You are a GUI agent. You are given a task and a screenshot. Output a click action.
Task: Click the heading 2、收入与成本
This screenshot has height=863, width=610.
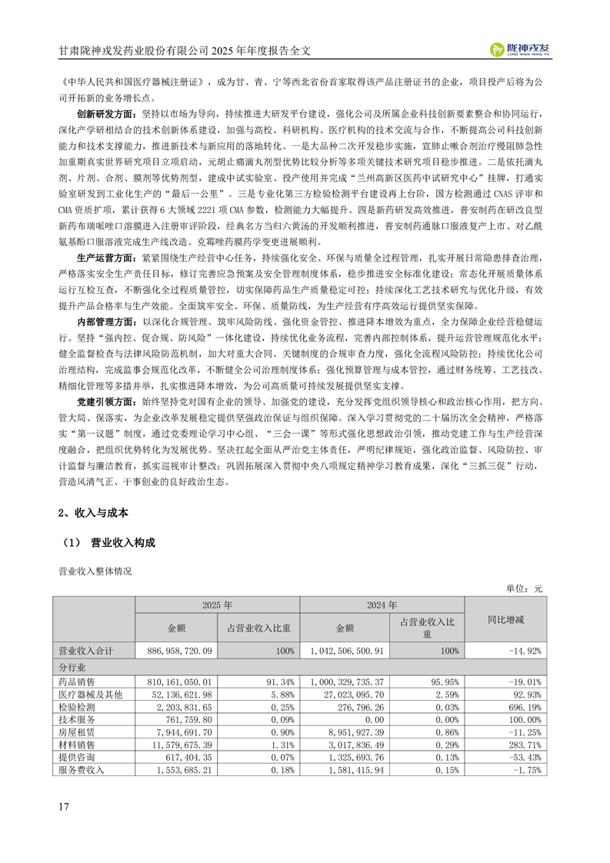coord(94,513)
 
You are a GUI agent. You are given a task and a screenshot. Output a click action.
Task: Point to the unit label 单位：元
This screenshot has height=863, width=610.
coord(524,587)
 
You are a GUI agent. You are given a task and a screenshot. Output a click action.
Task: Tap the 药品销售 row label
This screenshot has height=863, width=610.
coord(75,681)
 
